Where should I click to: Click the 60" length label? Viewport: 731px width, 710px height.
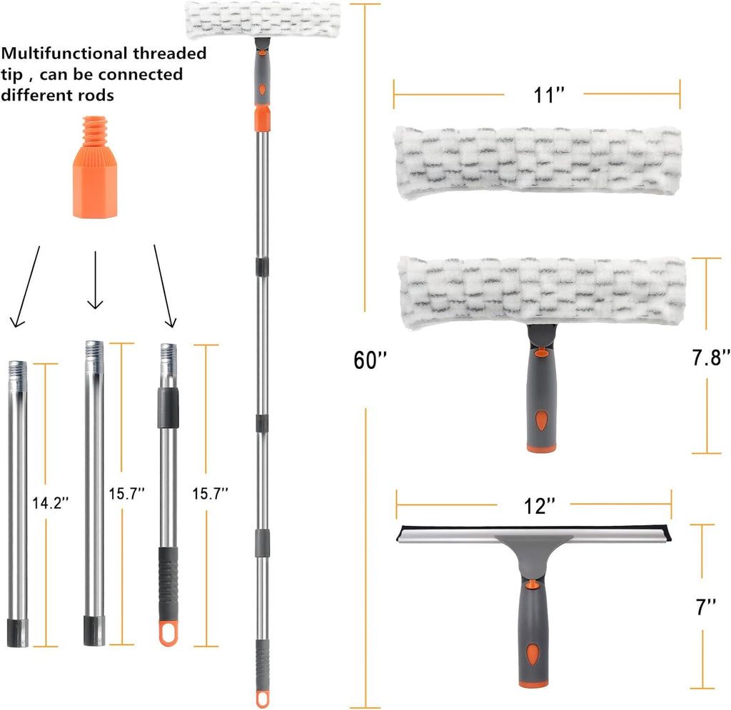370,360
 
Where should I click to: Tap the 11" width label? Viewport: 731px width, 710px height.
549,95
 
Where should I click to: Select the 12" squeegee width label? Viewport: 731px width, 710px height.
540,506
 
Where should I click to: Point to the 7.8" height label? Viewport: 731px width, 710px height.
711,357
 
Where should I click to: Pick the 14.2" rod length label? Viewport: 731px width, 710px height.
51,502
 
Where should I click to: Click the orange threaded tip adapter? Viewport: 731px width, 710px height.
95,167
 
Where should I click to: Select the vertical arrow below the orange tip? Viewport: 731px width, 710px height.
95,280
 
